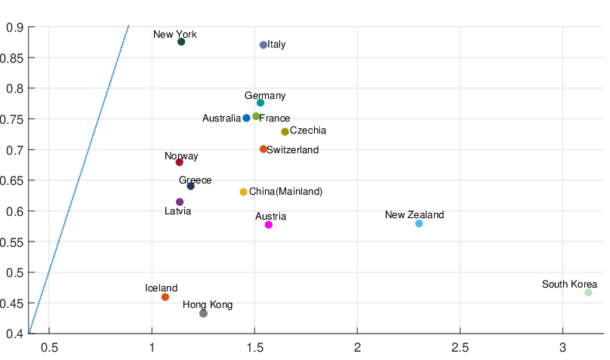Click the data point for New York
(x=181, y=42)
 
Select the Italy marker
(x=263, y=45)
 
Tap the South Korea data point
(x=588, y=292)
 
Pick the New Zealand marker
(x=419, y=223)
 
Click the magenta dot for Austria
(x=269, y=225)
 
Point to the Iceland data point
(x=165, y=297)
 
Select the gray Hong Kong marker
(x=203, y=313)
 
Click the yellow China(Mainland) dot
(x=243, y=192)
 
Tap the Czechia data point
(x=285, y=131)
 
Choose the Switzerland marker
(x=263, y=149)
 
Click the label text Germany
(x=265, y=96)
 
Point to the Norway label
(x=181, y=156)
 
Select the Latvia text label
(x=178, y=211)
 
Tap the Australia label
(x=221, y=118)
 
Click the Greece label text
(x=195, y=180)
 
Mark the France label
(x=275, y=118)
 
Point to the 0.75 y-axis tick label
(x=15, y=118)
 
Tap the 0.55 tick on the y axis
(x=15, y=242)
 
